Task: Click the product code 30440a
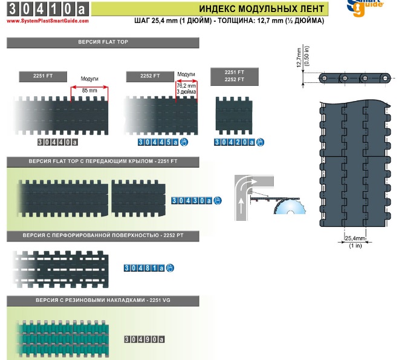[x=58, y=142]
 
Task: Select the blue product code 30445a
[x=158, y=142]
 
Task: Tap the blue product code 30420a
[x=235, y=142]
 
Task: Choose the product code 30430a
[x=192, y=201]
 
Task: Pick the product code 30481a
[x=144, y=268]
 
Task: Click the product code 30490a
[x=144, y=339]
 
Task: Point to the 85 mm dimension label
[x=89, y=90]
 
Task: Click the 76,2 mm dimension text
[x=186, y=86]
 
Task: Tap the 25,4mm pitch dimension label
[x=355, y=238]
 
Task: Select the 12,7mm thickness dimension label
[x=299, y=58]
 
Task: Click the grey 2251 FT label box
[x=43, y=76]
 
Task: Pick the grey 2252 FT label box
[x=150, y=77]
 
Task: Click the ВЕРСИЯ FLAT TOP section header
[x=103, y=42]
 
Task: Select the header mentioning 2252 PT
[x=103, y=236]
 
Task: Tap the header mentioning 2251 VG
[x=103, y=301]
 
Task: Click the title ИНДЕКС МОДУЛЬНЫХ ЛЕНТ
[x=261, y=8]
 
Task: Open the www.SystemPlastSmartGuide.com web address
[x=48, y=21]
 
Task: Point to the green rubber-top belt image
[x=62, y=339]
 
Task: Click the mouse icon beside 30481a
[x=170, y=268]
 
